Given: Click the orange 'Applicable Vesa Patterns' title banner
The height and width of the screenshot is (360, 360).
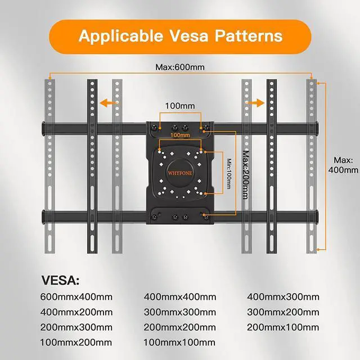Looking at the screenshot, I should click(x=179, y=36).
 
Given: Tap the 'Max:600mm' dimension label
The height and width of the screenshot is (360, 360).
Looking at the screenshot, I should click(x=180, y=67).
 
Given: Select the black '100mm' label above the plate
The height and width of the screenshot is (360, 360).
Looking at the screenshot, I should click(x=179, y=106).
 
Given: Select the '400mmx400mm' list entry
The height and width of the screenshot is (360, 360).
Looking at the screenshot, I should click(x=180, y=297).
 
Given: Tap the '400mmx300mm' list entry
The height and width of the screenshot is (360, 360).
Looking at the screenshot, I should click(x=283, y=297).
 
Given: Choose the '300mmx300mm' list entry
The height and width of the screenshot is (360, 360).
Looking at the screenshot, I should click(x=180, y=312).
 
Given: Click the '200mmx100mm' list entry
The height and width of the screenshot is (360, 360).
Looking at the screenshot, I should click(x=283, y=326).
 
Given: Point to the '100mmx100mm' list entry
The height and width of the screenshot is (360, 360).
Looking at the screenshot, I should click(x=180, y=341).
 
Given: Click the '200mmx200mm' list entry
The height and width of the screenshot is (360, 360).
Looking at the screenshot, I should click(x=180, y=326).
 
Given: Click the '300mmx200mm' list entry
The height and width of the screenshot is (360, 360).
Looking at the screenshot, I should click(x=283, y=312).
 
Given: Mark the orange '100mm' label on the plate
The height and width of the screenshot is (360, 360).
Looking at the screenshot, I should click(x=179, y=136).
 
